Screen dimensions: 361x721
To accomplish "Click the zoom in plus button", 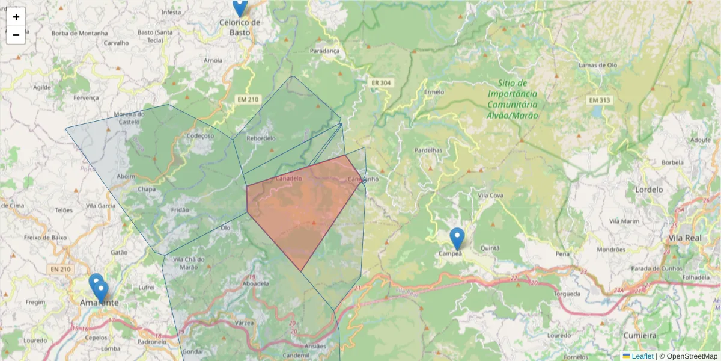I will point(16,17).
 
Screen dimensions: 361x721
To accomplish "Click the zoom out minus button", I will point(16,35).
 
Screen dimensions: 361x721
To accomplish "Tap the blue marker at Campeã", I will point(457,239).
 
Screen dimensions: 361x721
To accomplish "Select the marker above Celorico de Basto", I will point(240,7).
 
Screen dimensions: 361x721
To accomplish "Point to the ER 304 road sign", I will point(380,83).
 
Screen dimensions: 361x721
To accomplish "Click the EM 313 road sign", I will point(599,100).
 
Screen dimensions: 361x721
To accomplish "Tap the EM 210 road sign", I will point(247,99).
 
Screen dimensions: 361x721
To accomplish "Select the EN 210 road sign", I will point(61,268).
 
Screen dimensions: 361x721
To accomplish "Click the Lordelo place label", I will point(648,189).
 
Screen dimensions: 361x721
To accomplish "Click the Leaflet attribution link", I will point(642,356).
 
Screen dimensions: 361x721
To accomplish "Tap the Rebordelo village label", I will point(261,138).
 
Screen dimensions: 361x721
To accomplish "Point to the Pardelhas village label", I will point(428,150).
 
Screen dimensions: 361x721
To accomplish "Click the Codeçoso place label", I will point(201,136).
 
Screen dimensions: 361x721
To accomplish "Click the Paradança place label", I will point(325,51).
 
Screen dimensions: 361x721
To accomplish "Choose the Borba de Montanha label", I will point(79,33).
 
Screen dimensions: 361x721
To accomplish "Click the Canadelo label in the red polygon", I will point(288,178).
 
